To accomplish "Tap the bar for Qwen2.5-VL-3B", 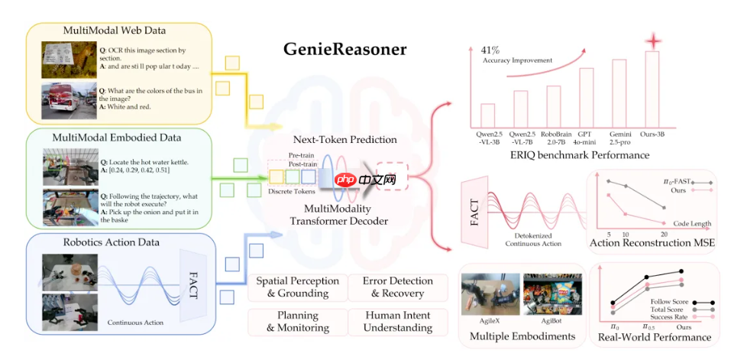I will pyautogui.click(x=487, y=115).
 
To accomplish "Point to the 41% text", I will pyautogui.click(x=494, y=48).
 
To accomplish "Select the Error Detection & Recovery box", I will pyautogui.click(x=397, y=287).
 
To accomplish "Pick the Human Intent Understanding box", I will pyautogui.click(x=397, y=321).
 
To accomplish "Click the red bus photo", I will pyautogui.click(x=67, y=101).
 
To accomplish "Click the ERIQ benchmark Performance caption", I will pyautogui.click(x=571, y=155).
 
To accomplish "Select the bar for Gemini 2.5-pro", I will pyautogui.click(x=619, y=97).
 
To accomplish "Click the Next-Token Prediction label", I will pyautogui.click(x=344, y=140).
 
